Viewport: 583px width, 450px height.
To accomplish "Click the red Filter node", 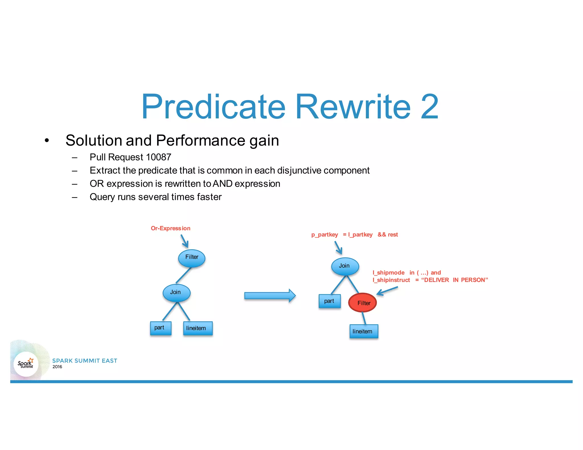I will pos(362,303).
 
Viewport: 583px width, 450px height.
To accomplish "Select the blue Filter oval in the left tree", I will pos(192,258).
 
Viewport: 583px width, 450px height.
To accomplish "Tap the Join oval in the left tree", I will pos(176,293).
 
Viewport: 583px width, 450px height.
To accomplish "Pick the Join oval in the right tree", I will pos(345,266).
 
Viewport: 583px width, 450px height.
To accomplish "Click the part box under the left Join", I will pos(161,328).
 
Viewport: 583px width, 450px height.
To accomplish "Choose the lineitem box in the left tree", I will pos(198,328).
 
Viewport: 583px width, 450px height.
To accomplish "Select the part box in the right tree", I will pos(329,301).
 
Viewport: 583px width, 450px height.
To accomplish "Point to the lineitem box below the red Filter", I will pos(364,331).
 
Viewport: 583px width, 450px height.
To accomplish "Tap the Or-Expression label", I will pos(171,228).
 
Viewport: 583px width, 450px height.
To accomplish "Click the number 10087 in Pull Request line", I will pos(158,157).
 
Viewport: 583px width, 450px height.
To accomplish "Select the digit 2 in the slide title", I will pos(430,107).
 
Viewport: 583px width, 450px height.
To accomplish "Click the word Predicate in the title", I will pos(213,107).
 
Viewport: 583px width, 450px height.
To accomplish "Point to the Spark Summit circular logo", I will pos(26,364).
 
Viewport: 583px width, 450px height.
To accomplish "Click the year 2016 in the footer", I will pos(57,367).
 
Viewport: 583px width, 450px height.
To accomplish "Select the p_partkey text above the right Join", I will pos(325,235).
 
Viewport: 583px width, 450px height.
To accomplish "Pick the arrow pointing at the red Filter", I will pos(387,291).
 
